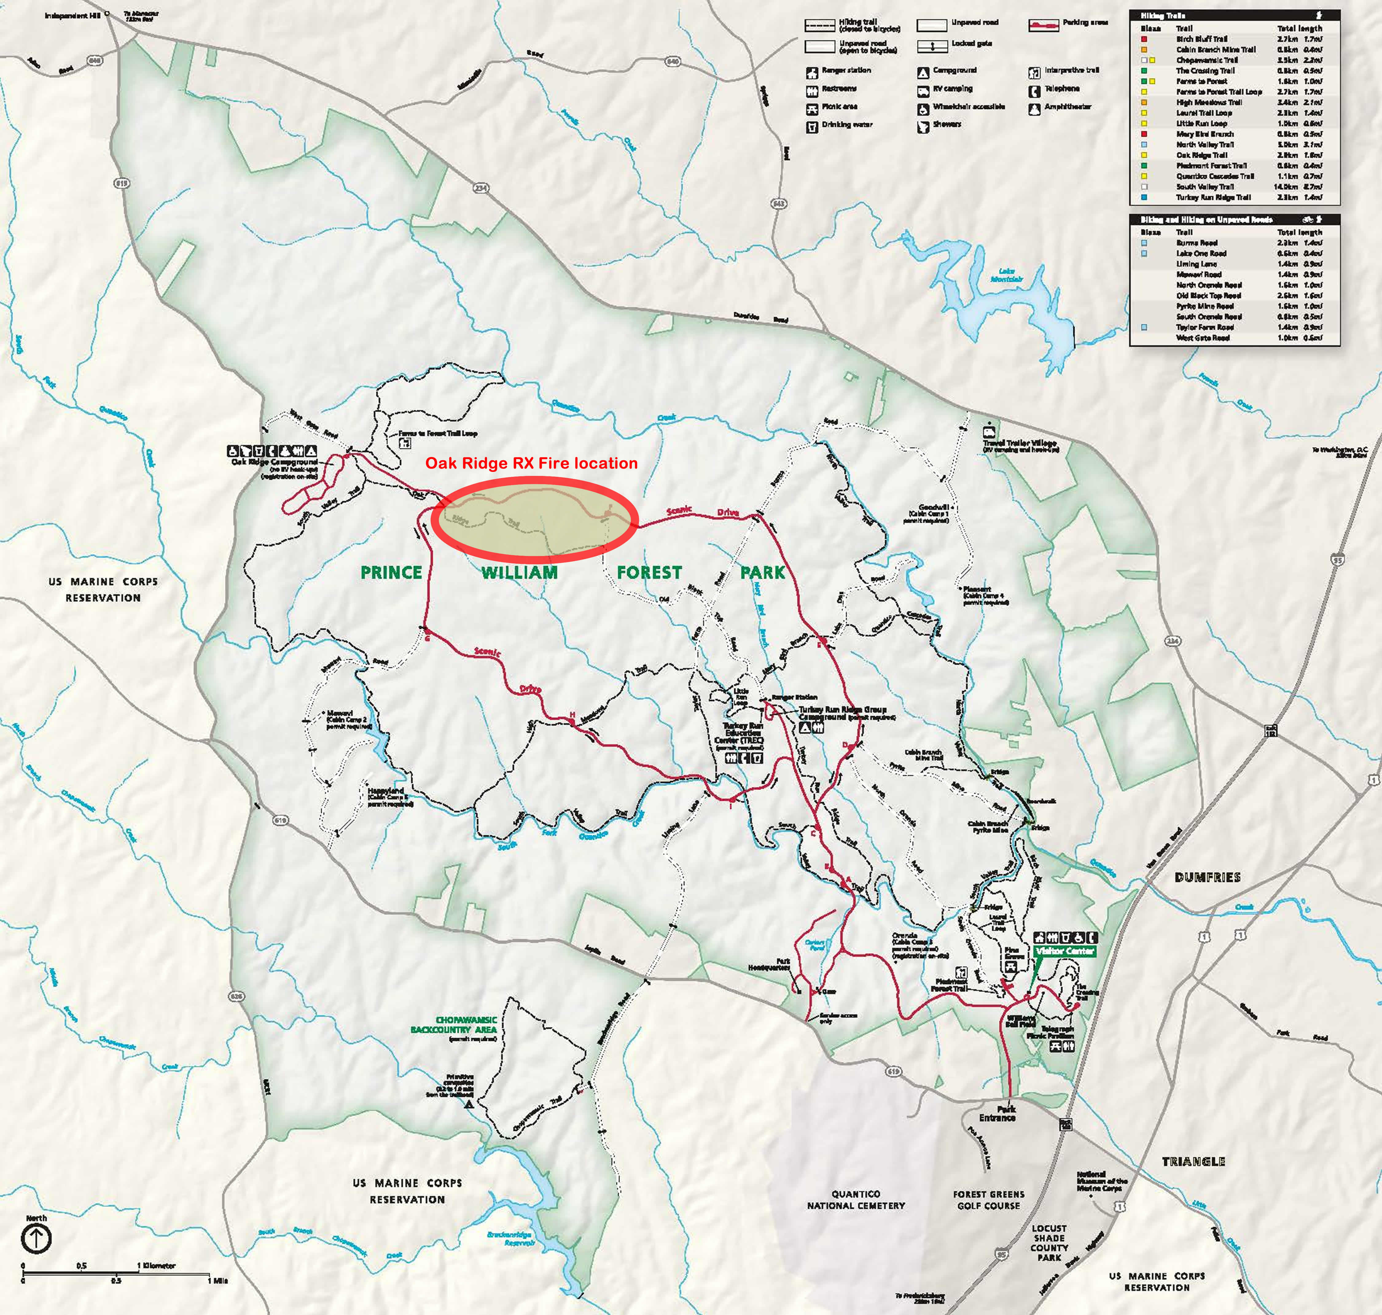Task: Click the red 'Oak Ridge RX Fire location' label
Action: coord(531,463)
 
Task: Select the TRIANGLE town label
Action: coord(1193,1161)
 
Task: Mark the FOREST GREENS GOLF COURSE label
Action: coord(989,1199)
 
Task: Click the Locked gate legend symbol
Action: coord(932,46)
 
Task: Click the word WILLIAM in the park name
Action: coord(520,573)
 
